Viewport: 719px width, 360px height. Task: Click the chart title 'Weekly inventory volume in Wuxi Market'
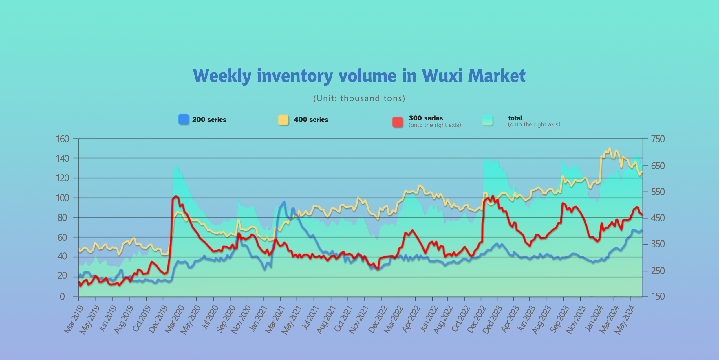359,76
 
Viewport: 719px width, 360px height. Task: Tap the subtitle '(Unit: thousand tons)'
359,98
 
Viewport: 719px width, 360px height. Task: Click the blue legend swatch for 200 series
184,120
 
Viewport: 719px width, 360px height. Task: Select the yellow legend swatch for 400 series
283,120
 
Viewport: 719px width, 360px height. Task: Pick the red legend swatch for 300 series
398,122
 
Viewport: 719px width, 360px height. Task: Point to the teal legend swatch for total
488,120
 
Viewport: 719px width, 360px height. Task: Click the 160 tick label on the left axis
62,139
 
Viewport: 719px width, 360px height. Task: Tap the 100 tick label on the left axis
62,198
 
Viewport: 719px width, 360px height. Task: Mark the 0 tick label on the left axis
62,297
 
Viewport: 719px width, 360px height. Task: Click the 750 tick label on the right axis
658,139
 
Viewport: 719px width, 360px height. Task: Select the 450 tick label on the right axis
658,218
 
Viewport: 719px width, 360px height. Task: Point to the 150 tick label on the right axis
658,296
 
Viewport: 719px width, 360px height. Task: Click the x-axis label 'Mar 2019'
74,320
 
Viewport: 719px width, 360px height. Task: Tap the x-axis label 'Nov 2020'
241,320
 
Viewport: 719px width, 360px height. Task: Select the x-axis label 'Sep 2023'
559,320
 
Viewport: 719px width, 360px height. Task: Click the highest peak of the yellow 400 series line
610,148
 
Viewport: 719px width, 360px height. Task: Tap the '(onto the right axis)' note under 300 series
435,125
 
